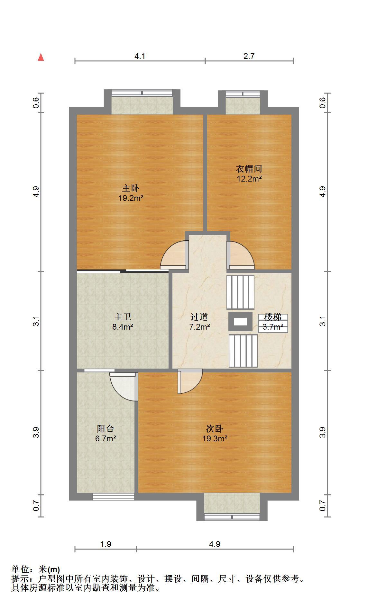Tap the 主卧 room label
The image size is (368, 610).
click(x=131, y=188)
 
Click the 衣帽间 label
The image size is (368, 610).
click(x=249, y=169)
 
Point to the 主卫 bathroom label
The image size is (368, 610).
click(x=123, y=317)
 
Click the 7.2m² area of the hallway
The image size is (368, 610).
click(x=199, y=327)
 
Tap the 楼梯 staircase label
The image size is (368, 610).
click(x=273, y=317)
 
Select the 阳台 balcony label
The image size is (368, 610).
click(x=106, y=429)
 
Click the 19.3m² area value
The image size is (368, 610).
click(x=215, y=438)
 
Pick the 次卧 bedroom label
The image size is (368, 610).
click(x=215, y=429)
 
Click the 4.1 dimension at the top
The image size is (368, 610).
click(x=140, y=56)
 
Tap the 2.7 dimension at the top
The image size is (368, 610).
click(x=249, y=56)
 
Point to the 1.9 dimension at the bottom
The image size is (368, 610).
click(x=106, y=544)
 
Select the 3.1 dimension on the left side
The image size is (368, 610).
click(x=36, y=321)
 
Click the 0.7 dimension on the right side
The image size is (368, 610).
click(x=323, y=506)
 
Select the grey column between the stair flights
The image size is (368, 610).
click(x=240, y=321)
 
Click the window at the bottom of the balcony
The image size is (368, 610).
click(x=113, y=497)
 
